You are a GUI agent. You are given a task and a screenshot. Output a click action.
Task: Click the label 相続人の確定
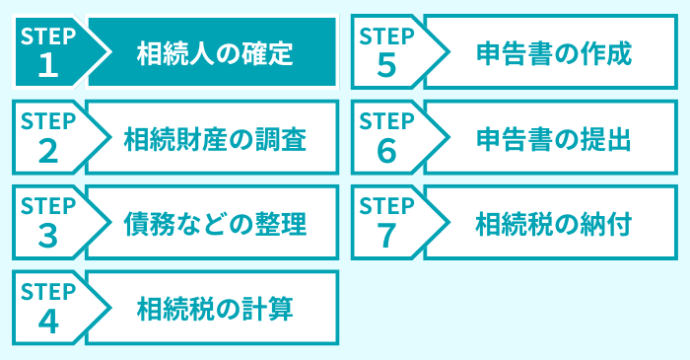(x=215, y=52)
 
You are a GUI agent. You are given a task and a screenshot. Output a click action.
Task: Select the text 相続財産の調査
(x=215, y=138)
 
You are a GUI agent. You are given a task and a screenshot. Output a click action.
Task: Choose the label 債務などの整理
(x=215, y=224)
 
